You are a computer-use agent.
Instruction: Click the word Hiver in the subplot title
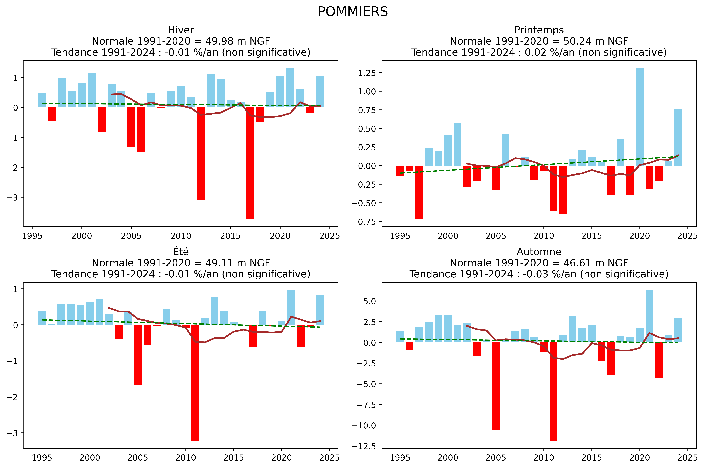click(x=181, y=30)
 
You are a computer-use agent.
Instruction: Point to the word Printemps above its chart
click(x=539, y=30)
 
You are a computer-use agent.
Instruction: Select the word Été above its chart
click(x=181, y=252)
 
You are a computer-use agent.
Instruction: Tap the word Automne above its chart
click(x=539, y=252)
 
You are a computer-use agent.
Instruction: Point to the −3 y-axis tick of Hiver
click(x=14, y=197)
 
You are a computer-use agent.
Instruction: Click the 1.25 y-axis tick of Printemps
click(x=367, y=73)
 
